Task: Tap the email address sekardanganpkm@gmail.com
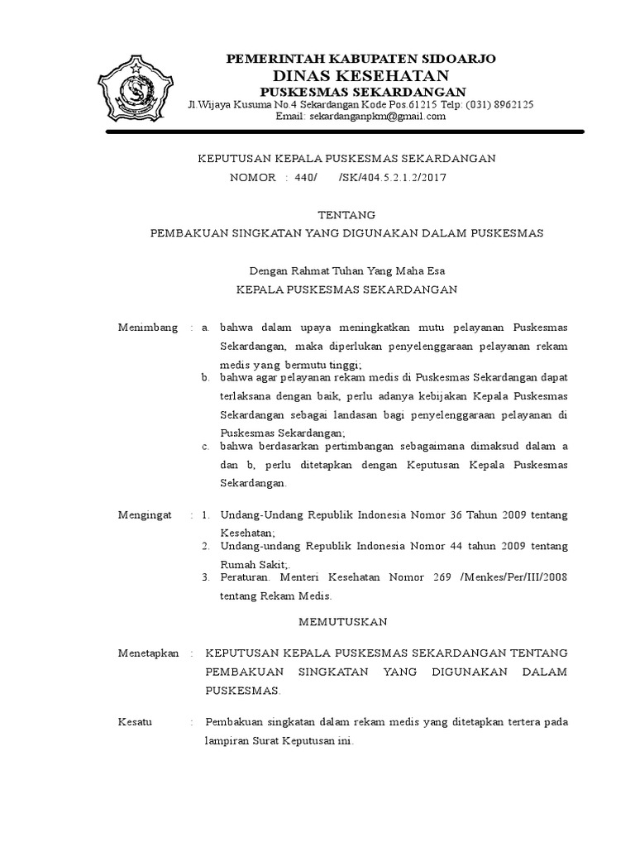[378, 117]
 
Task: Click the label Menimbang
[148, 328]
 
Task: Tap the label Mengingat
[145, 514]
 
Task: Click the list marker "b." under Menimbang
[207, 378]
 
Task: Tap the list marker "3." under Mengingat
[207, 576]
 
